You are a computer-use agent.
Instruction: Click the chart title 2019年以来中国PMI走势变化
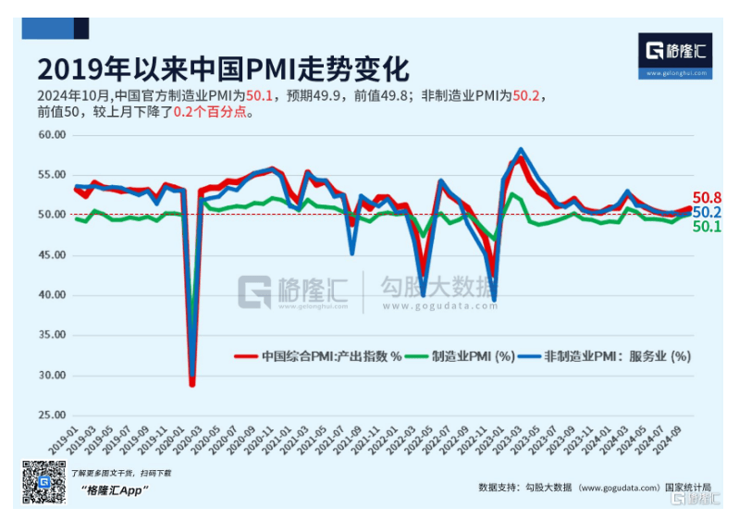[223, 70]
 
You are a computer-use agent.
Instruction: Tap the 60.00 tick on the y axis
[49, 134]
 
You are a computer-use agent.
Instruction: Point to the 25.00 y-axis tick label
[49, 415]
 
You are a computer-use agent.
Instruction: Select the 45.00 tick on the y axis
[49, 254]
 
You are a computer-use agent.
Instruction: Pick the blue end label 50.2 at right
[708, 212]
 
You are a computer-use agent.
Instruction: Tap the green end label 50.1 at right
[708, 226]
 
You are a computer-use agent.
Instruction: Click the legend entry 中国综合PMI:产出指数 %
[320, 355]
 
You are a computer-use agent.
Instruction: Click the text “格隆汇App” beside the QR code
[115, 489]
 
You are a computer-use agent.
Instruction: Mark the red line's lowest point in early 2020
[192, 384]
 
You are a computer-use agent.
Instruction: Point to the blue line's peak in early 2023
[522, 149]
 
